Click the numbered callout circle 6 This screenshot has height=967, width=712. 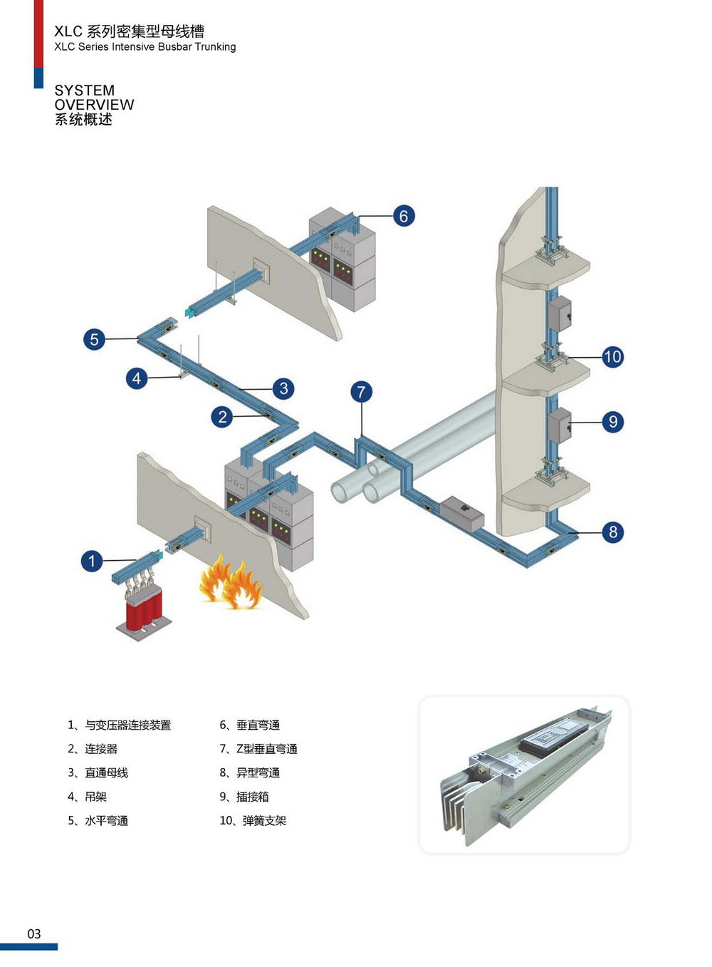click(x=403, y=216)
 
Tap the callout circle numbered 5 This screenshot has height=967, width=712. click(x=94, y=339)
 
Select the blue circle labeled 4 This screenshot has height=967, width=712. click(x=137, y=378)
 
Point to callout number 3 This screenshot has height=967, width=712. click(x=283, y=388)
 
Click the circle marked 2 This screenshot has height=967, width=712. click(x=222, y=416)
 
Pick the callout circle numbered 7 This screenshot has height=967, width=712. click(x=361, y=391)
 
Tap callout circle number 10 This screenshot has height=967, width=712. click(x=612, y=356)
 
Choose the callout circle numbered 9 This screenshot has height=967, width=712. click(x=613, y=422)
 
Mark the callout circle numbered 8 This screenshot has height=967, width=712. click(x=612, y=532)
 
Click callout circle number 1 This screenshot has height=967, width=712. click(x=91, y=561)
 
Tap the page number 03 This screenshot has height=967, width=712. click(x=34, y=934)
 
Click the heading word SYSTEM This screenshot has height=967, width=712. click(x=84, y=91)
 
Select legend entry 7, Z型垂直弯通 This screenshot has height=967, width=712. click(x=258, y=749)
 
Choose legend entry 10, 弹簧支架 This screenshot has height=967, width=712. click(x=253, y=821)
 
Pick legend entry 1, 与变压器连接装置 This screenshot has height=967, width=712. click(x=120, y=725)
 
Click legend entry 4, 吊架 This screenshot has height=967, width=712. click(x=88, y=797)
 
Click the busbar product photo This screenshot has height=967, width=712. click(x=524, y=774)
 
